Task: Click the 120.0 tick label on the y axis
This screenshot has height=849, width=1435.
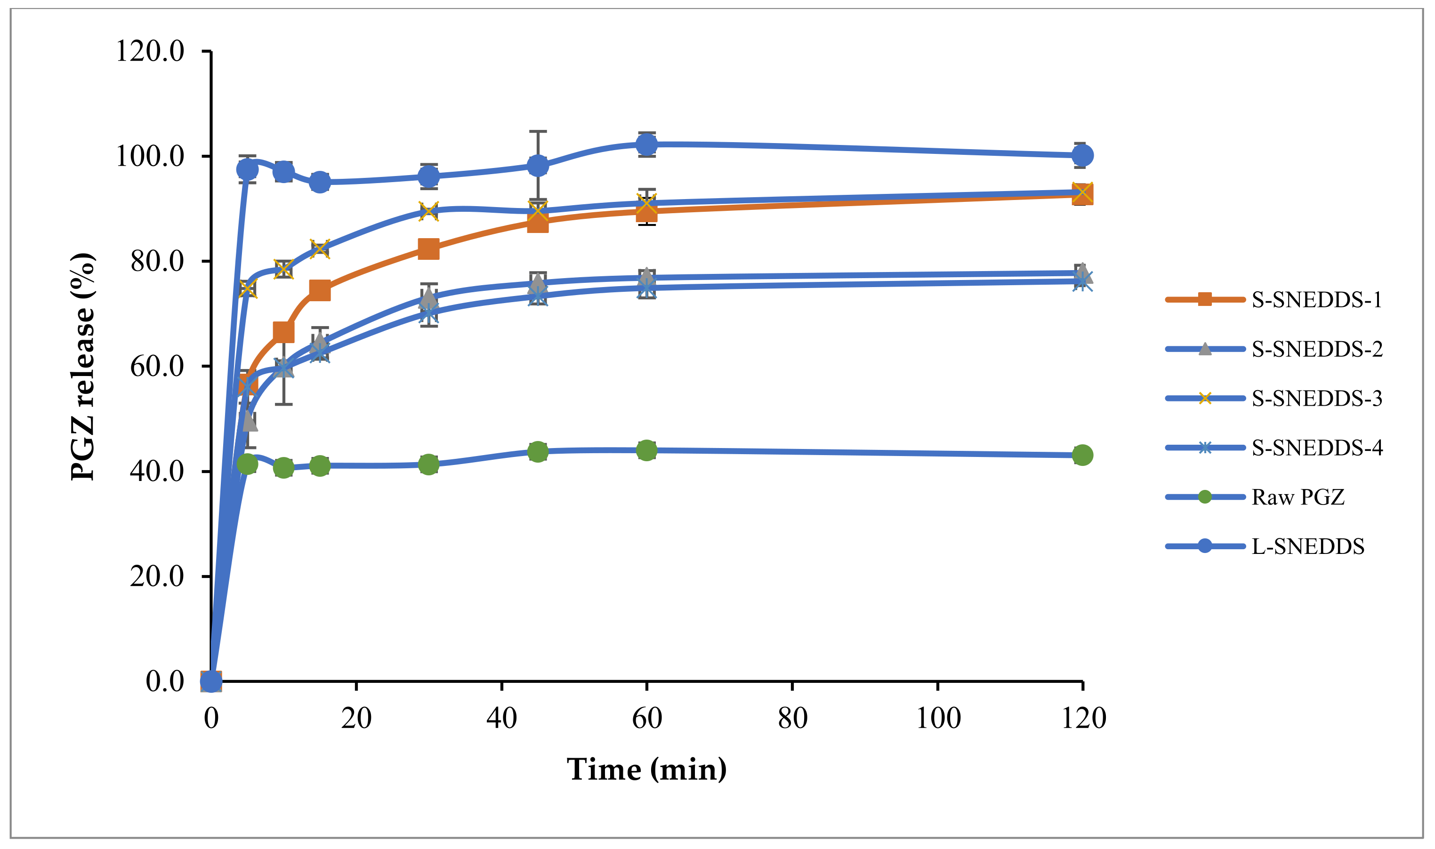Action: (150, 51)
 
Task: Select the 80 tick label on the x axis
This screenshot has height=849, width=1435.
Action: (792, 718)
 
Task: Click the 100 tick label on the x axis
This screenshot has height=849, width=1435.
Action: (938, 718)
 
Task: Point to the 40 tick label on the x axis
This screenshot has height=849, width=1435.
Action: (501, 718)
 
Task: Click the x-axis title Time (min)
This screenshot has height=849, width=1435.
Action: (646, 769)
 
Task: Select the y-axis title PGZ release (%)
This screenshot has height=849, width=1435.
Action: (82, 366)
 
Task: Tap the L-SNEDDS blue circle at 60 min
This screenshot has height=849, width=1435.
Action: (646, 145)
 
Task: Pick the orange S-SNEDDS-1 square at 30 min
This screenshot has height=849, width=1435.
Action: (428, 249)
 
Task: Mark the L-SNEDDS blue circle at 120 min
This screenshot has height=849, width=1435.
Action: (1082, 155)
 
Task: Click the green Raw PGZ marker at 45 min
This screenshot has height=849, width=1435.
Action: (537, 451)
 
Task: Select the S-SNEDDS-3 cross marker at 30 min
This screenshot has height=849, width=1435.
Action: (428, 210)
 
